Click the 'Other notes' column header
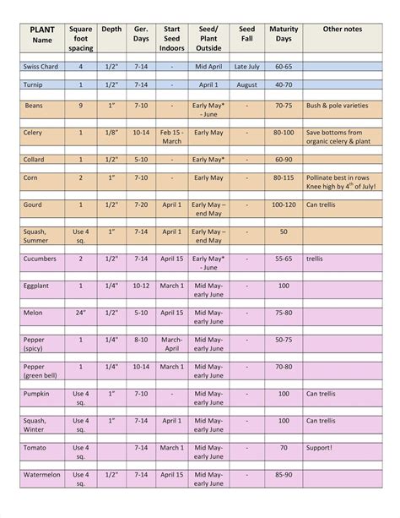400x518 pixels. [343, 29]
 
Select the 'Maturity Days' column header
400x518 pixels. [284, 35]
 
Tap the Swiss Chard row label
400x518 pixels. [41, 66]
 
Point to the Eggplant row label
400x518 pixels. [37, 286]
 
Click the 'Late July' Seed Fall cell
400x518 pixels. [247, 66]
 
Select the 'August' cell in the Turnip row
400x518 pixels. [247, 85]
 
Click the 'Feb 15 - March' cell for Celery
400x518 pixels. [171, 137]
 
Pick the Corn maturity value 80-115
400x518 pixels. [284, 177]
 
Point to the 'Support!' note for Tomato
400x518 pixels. [319, 448]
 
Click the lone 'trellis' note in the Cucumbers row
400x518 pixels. [316, 259]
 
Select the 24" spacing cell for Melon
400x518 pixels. [81, 313]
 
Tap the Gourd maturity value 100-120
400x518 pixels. [284, 204]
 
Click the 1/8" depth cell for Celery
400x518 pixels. [111, 133]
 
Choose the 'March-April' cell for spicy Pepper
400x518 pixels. [171, 344]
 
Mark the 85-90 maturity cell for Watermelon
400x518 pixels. [284, 475]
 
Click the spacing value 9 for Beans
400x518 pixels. [81, 106]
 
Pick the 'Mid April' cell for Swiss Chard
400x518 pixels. [208, 66]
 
